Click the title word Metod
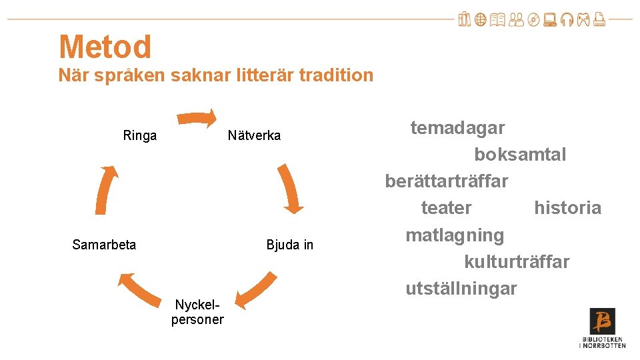coord(105,47)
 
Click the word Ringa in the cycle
coord(140,136)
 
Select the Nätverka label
coord(254,136)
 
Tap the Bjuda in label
coord(289,245)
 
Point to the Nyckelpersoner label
coord(197,312)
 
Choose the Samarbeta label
coord(104,245)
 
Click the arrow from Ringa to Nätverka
coord(198,119)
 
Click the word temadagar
coord(457,127)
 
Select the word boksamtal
coord(520,155)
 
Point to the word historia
coord(567,208)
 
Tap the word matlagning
coord(455,235)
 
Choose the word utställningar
coord(461,289)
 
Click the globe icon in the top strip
coord(480,21)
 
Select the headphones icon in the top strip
coord(568,21)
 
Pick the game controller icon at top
coord(583,21)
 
